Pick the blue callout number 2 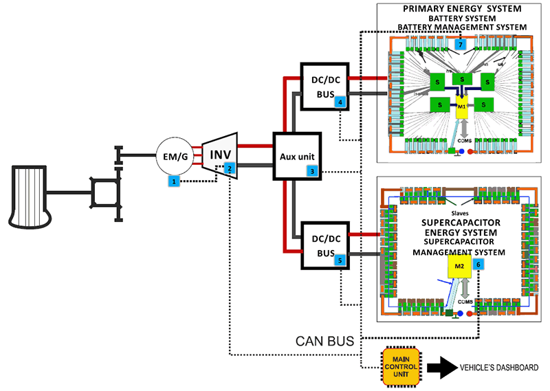coord(230,168)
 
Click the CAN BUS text coord(322,340)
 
